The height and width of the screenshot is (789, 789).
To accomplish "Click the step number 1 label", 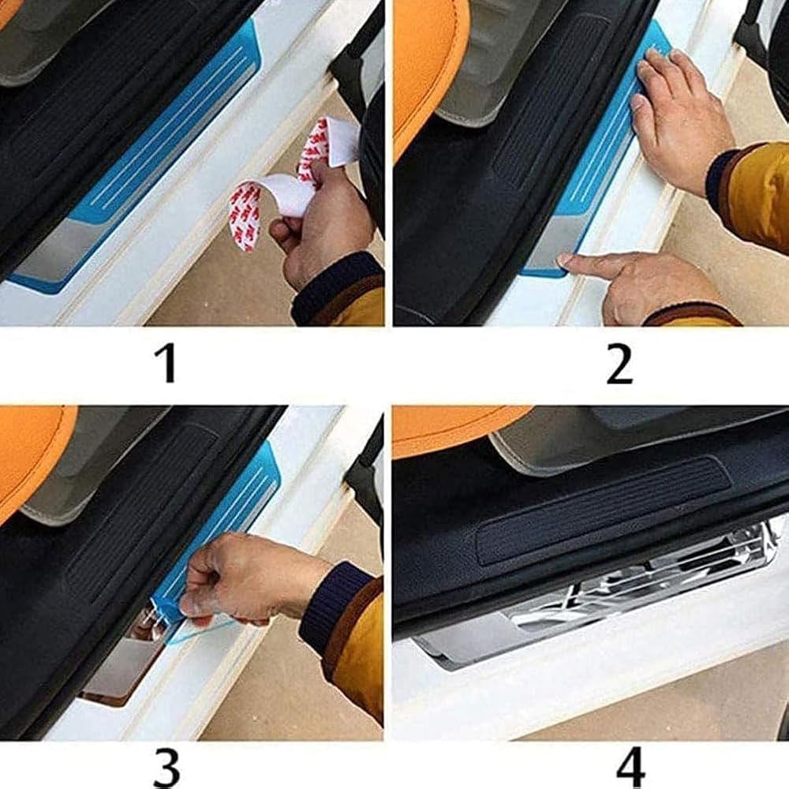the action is (166, 363).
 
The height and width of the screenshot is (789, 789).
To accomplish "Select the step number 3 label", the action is (166, 769).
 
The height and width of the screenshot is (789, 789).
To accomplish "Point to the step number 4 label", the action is (630, 768).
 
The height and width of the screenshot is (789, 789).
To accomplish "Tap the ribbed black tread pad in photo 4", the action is (604, 510).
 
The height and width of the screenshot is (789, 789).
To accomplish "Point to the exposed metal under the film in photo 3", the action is (125, 664).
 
